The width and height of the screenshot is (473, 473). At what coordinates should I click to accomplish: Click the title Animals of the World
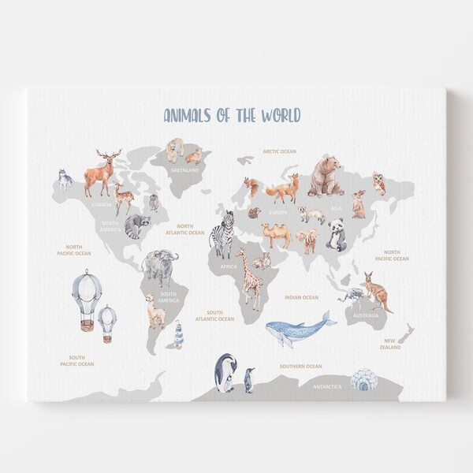(x=232, y=116)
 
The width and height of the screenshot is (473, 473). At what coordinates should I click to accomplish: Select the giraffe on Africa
(x=250, y=277)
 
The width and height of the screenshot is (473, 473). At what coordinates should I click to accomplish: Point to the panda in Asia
(x=337, y=234)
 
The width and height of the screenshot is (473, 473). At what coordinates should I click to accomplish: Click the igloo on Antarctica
(x=363, y=380)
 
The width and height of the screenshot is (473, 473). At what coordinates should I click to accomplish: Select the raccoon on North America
(x=136, y=225)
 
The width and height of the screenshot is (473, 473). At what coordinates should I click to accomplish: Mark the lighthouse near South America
(x=178, y=334)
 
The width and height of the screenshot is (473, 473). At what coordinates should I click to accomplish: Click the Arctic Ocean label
(x=280, y=151)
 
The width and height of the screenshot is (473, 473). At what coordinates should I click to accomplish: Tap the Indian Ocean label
(x=300, y=297)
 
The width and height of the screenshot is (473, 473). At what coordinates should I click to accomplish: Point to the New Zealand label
(x=389, y=344)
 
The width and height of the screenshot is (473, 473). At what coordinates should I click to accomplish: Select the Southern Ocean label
(x=300, y=366)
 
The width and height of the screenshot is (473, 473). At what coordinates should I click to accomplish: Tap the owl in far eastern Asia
(x=379, y=183)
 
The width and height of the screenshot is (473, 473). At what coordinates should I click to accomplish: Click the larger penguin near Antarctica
(x=225, y=372)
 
